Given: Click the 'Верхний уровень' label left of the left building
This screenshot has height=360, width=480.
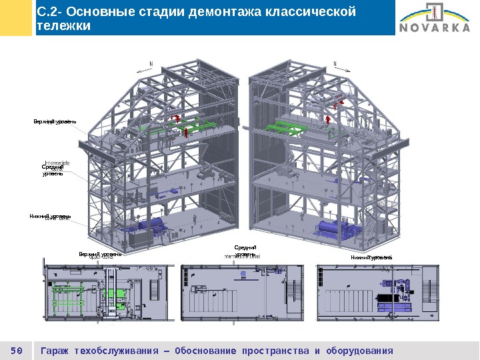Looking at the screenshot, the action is point(55,121).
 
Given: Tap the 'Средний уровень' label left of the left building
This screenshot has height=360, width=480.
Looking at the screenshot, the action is point(53,171).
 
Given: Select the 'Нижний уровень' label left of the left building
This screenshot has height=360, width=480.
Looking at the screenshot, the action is point(50,217).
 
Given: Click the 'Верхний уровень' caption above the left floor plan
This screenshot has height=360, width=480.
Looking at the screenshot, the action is point(100,254).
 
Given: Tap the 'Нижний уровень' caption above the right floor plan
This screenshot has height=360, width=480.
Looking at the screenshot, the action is point(371,257).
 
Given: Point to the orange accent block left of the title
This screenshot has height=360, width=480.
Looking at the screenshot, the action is point(16,18).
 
